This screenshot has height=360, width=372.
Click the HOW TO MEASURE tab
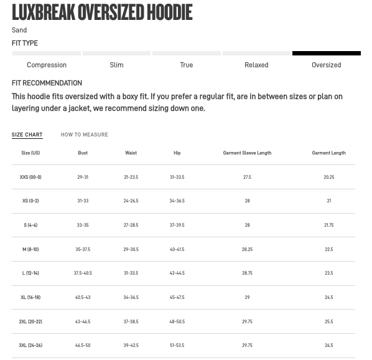tap(84, 135)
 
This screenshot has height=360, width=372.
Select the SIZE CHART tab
tap(27, 135)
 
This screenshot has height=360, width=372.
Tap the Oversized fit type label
tap(326, 65)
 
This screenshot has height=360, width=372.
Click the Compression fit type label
tap(47, 65)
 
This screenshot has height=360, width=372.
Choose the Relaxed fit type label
tap(256, 65)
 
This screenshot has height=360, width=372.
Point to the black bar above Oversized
tap(326, 54)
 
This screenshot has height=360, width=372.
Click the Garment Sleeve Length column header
tap(247, 153)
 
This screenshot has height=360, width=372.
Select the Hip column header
tap(177, 153)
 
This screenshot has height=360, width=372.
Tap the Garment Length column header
tap(328, 153)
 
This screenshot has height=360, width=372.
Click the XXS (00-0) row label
tap(30, 177)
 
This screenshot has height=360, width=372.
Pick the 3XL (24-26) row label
tap(30, 345)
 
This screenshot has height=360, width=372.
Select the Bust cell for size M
tap(83, 249)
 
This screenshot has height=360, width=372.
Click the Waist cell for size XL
tap(131, 297)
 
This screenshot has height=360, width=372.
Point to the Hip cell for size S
tap(177, 225)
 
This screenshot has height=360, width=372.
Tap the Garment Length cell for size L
tap(328, 273)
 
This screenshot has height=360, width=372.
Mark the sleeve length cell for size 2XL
tap(247, 321)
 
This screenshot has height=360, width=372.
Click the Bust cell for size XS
tap(83, 201)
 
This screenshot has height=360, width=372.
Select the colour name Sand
tap(19, 30)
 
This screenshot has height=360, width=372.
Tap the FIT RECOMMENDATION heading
tap(47, 83)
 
